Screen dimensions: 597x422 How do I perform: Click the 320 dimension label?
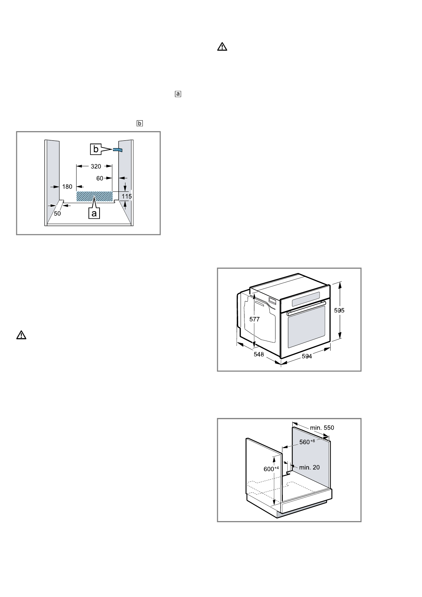coord(96,166)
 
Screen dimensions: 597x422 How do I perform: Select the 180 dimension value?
coord(67,186)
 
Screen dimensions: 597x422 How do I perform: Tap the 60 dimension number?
coord(100,178)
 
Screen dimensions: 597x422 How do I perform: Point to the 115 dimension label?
coord(127,196)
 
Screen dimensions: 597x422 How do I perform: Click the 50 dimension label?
coord(57,213)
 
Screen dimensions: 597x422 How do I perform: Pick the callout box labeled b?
coord(96,150)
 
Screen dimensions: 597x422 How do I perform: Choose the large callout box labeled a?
coord(94,213)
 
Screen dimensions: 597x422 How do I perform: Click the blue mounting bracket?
coord(118,150)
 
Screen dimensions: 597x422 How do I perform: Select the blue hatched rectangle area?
coord(95,196)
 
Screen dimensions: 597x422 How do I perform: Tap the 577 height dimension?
coord(254,319)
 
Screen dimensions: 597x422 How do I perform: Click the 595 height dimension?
coord(339,310)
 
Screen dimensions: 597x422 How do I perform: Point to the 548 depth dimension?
coord(259,354)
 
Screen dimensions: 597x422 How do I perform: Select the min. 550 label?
coord(322,428)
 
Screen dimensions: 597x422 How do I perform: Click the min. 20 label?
coord(309,467)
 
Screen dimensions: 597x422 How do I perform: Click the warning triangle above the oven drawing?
coord(222,47)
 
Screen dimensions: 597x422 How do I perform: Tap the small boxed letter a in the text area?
coord(178,94)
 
